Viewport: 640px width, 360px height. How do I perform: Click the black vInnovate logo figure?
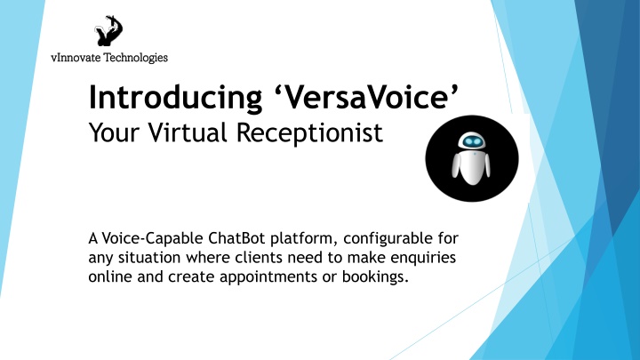coord(108,31)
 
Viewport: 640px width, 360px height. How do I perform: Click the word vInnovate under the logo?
coord(76,58)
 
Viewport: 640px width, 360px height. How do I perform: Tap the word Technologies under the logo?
coord(136,58)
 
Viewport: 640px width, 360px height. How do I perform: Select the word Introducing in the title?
coord(175,97)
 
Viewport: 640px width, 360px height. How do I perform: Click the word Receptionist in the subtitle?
coord(310,133)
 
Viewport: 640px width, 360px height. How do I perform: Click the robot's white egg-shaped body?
coord(472,166)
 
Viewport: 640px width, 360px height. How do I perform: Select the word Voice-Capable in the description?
coord(152,238)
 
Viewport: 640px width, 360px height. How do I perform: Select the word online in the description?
coord(110,276)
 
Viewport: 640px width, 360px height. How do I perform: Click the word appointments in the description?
coord(268,277)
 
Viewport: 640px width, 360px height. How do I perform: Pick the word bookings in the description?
coord(375,277)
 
